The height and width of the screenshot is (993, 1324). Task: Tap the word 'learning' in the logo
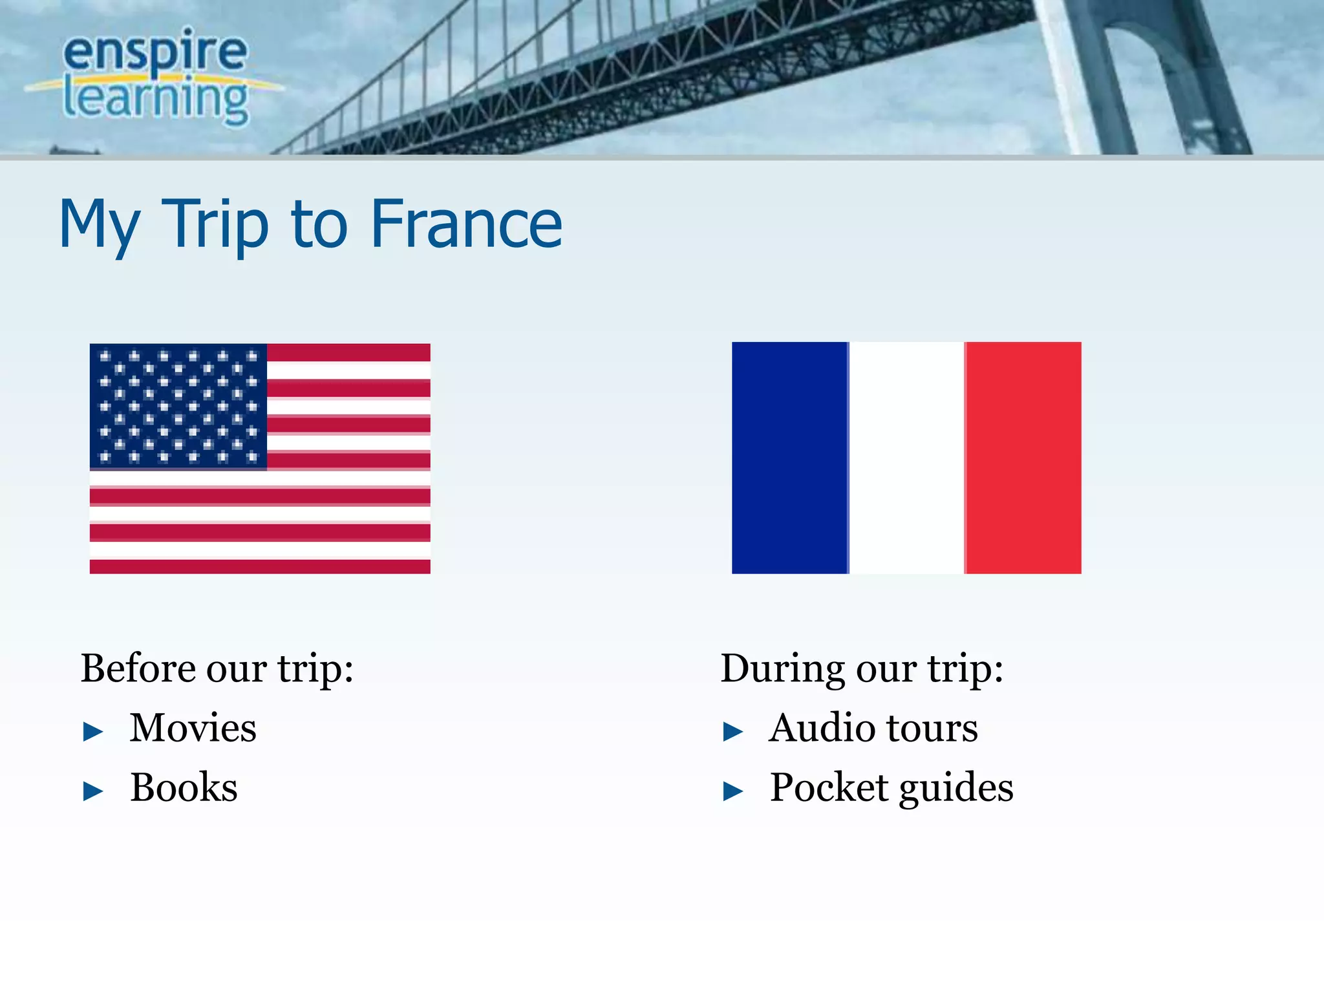[155, 98]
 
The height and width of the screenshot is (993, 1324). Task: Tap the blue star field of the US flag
[178, 406]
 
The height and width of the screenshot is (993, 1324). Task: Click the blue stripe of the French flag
[789, 458]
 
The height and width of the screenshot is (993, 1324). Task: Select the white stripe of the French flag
[906, 458]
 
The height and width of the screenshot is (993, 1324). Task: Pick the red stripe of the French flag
[1023, 458]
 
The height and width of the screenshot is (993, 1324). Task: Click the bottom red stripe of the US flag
[260, 566]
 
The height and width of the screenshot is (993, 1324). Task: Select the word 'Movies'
[193, 728]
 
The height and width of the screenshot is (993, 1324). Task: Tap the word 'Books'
[184, 787]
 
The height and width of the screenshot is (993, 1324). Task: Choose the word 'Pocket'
[828, 787]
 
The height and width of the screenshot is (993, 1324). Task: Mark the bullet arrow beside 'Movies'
[93, 732]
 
